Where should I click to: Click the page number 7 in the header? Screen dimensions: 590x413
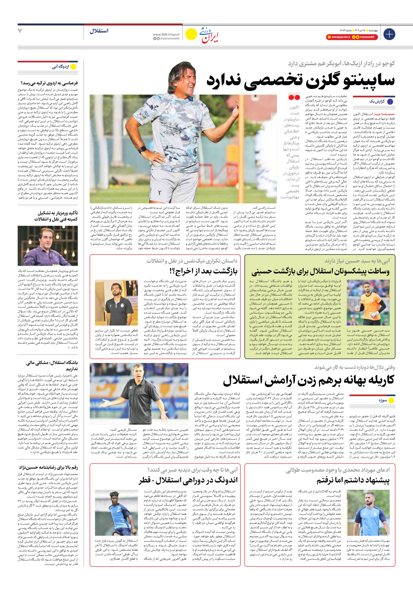[20, 31]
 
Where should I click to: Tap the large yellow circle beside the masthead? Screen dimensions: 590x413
[191, 34]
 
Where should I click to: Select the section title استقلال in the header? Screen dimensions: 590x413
[99, 31]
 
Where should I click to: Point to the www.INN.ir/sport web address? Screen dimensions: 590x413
[166, 34]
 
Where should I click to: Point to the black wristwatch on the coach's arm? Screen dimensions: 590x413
[142, 149]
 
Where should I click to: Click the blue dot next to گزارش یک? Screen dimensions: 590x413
[390, 101]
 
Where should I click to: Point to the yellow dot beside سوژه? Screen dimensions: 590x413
[391, 400]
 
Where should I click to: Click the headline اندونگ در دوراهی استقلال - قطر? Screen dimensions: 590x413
[188, 480]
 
